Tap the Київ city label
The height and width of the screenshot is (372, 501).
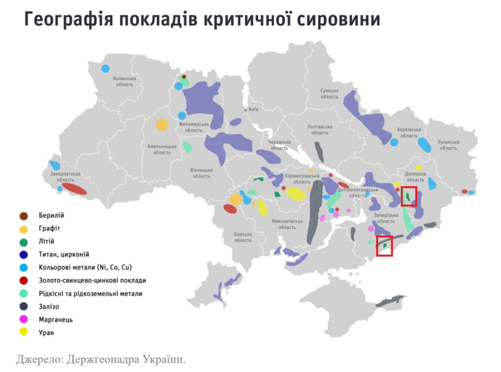coord(253,110)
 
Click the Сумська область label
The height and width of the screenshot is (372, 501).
coord(329,94)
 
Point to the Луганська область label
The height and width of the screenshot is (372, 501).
coord(448,145)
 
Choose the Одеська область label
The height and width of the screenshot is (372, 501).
coord(242,237)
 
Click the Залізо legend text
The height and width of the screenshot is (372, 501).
coord(49,306)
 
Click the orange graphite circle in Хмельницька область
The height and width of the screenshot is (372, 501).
coord(162,124)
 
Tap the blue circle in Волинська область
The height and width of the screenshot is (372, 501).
coord(105,69)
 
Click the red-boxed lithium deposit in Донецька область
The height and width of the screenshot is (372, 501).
coord(408,197)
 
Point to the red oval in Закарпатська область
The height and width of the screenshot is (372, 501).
coord(74,189)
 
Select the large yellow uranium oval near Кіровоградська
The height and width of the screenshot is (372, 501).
coord(296,194)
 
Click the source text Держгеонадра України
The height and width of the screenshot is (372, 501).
coord(126,359)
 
